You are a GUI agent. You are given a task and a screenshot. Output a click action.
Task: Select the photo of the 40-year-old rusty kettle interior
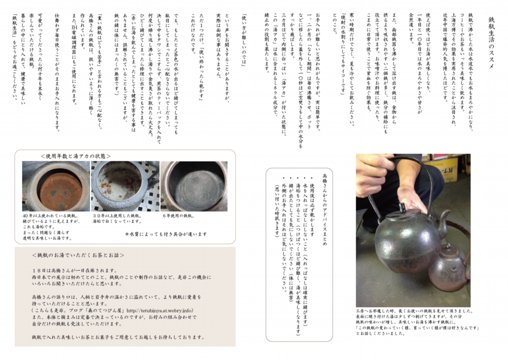(x=46, y=186)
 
